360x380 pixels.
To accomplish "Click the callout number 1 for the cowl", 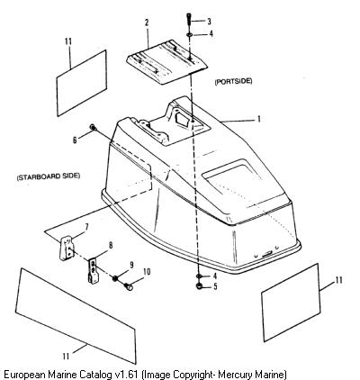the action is tap(258, 119).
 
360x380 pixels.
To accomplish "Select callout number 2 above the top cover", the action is tap(147, 23).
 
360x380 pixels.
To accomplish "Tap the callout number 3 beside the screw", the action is tap(209, 22).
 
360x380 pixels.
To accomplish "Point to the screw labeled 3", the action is tap(189, 20).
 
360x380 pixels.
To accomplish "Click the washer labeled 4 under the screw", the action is tap(190, 35).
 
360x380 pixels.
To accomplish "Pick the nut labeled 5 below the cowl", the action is tap(199, 286).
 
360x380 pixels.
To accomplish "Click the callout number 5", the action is tap(215, 286).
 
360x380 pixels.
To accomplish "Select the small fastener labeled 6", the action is tap(93, 128).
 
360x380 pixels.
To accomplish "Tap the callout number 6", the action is tap(75, 140).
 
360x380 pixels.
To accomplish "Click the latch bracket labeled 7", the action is tap(67, 249).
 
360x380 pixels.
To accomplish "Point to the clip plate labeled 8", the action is tap(94, 271).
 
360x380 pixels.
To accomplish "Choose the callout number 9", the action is tap(131, 265).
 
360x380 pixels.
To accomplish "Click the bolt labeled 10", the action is tap(129, 287).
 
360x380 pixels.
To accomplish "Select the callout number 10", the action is tap(147, 272).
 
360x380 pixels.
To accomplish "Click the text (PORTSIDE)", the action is tap(233, 81).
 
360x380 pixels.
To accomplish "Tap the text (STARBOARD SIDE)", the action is tap(49, 176).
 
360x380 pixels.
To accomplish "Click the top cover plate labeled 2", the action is tap(166, 63).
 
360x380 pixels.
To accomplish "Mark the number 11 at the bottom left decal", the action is tap(66, 356).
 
